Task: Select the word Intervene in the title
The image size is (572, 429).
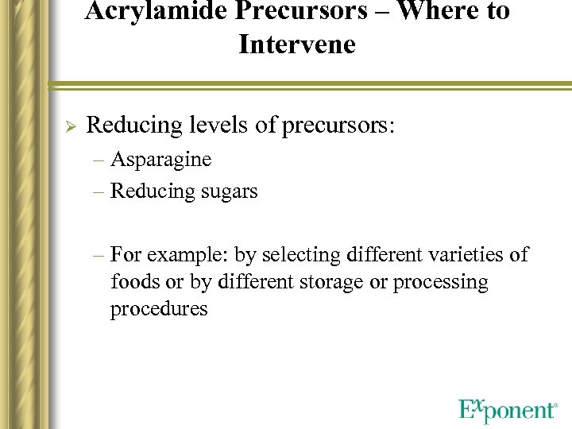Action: (x=296, y=44)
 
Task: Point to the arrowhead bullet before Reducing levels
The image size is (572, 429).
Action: (x=68, y=126)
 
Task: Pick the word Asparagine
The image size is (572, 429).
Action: (x=160, y=160)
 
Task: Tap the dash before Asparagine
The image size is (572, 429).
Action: (x=98, y=160)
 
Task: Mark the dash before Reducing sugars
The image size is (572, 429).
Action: (x=98, y=192)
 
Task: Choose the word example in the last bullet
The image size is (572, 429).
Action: (x=183, y=255)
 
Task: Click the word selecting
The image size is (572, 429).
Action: (x=303, y=254)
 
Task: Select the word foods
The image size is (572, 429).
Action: (x=137, y=282)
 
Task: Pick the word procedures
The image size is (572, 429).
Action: (x=159, y=309)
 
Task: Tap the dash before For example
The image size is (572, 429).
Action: (x=98, y=256)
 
